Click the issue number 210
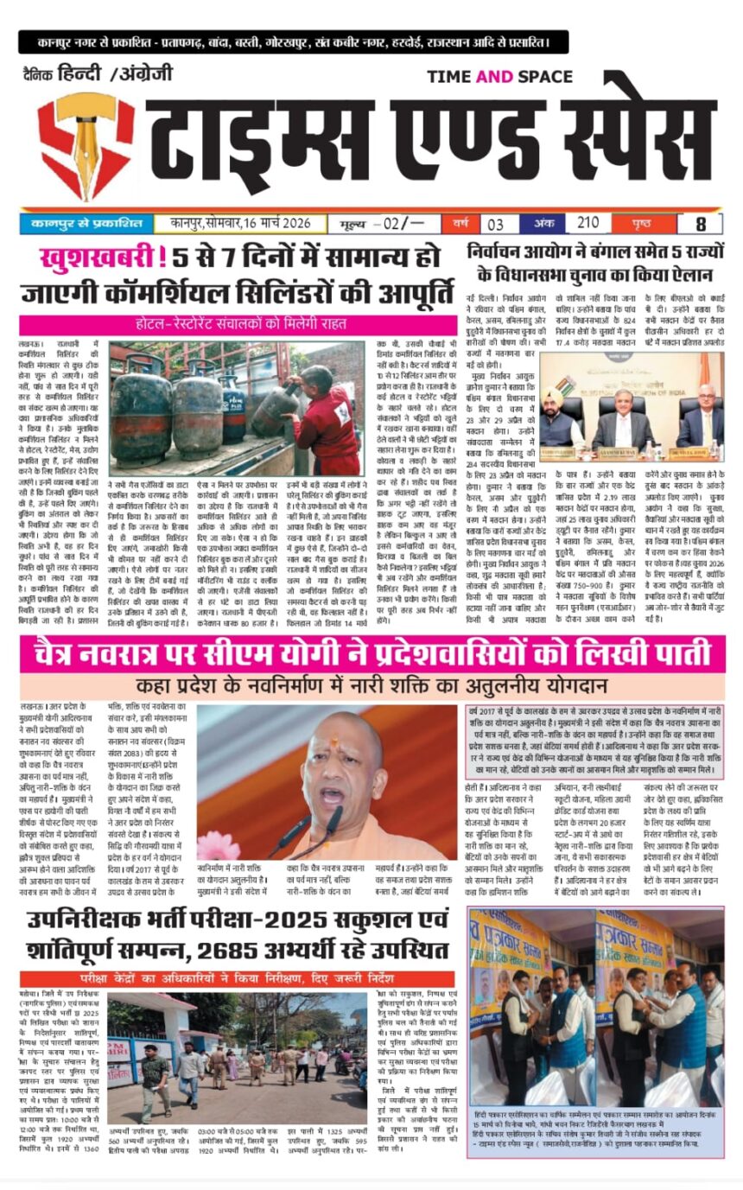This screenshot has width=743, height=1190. click(x=587, y=224)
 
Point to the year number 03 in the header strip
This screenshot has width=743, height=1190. click(x=496, y=225)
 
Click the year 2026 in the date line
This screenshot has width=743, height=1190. click(x=293, y=224)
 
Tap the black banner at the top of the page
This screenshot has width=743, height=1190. click(x=294, y=41)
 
